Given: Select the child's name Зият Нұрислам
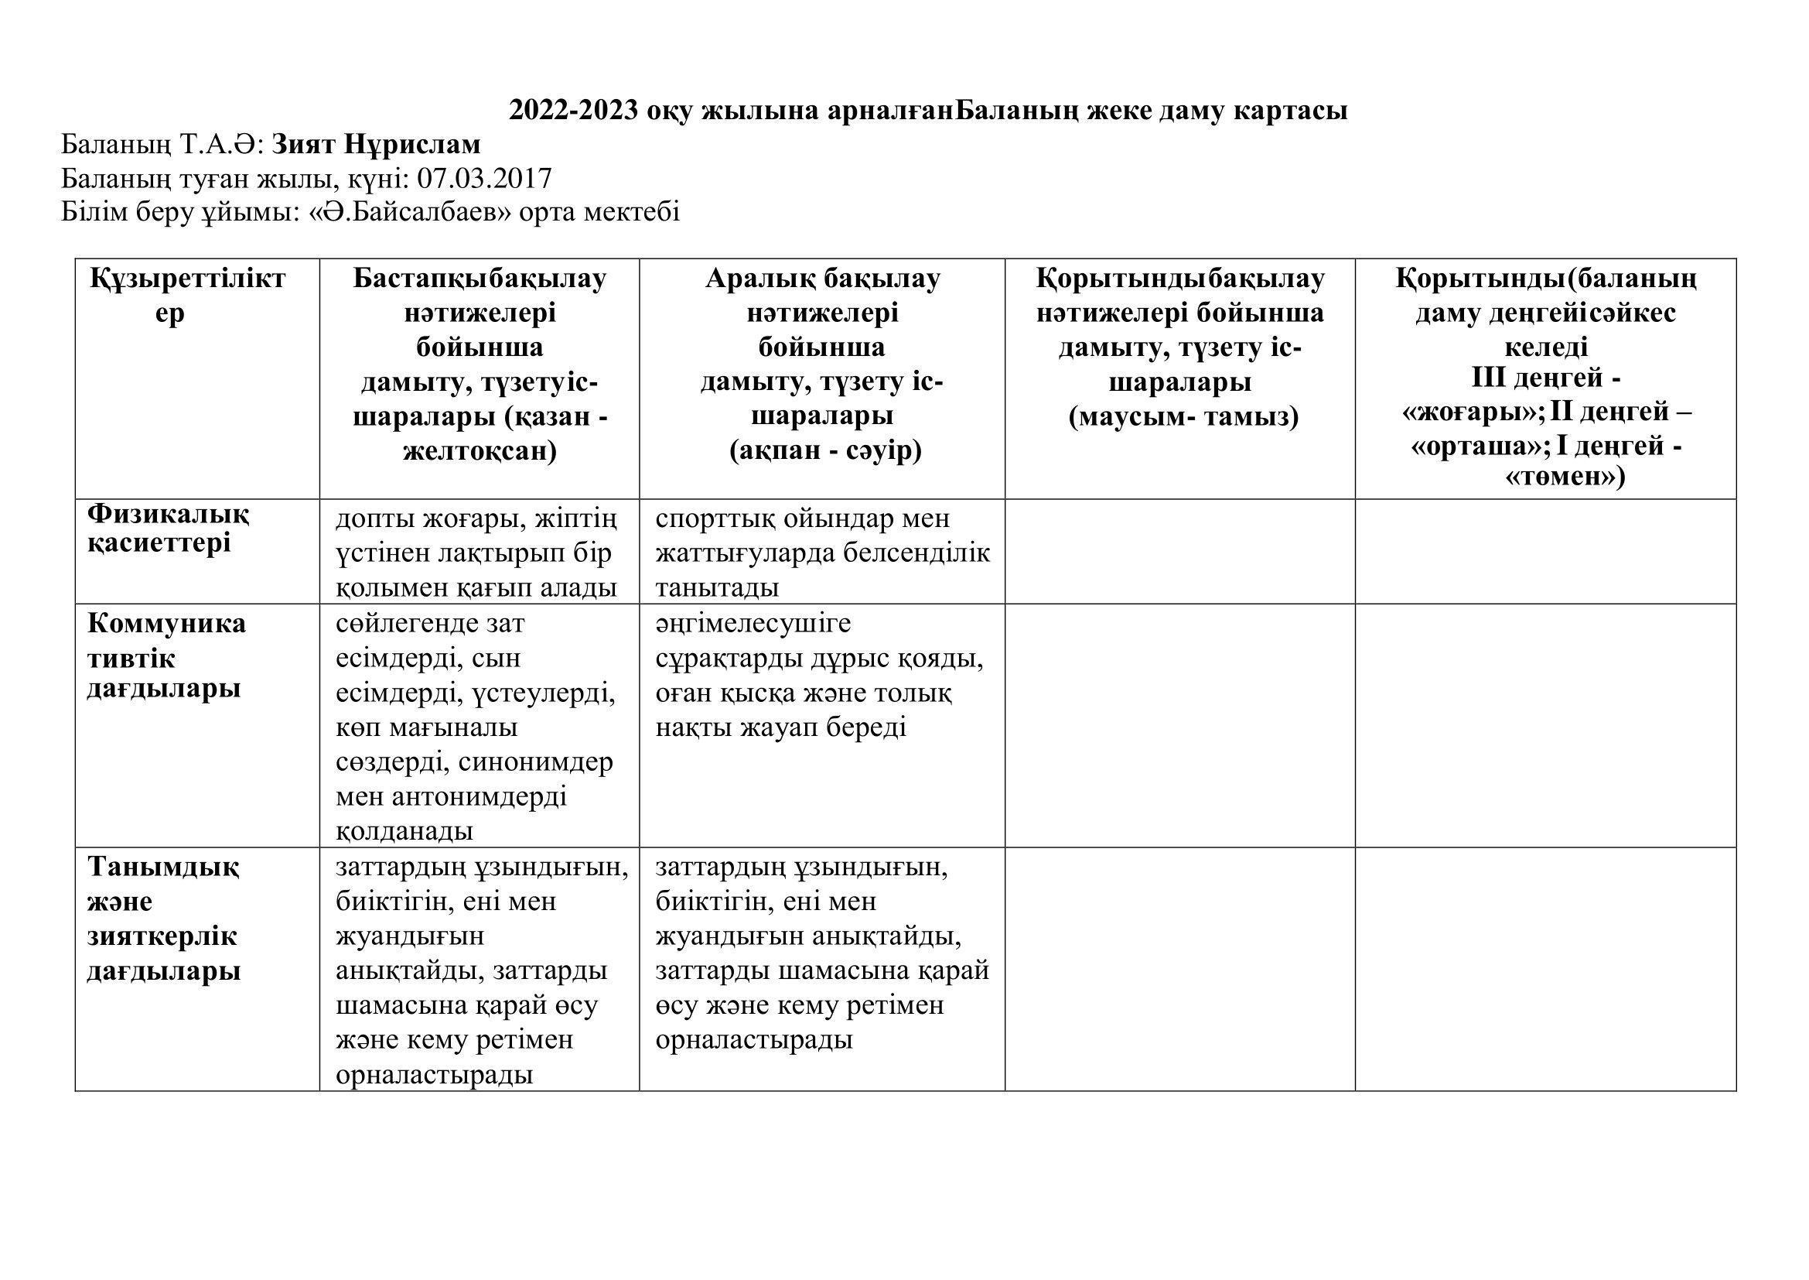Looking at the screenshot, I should click(x=376, y=145).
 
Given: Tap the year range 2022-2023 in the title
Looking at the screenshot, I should click(x=573, y=111).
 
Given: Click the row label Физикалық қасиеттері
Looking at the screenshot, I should click(x=167, y=529).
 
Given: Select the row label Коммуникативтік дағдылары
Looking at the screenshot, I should click(x=166, y=655).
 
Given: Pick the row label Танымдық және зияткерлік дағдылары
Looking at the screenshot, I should click(x=163, y=919).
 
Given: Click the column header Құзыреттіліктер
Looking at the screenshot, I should click(x=187, y=296).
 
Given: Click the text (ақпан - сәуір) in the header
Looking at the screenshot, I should click(x=824, y=451).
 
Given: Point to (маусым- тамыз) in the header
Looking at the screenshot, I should click(x=1183, y=416).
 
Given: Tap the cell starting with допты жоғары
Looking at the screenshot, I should click(x=476, y=553).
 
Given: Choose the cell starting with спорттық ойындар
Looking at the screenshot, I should click(x=822, y=553).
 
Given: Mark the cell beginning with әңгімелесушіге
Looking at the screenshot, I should click(x=819, y=676).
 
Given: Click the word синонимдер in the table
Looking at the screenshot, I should click(x=536, y=762).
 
